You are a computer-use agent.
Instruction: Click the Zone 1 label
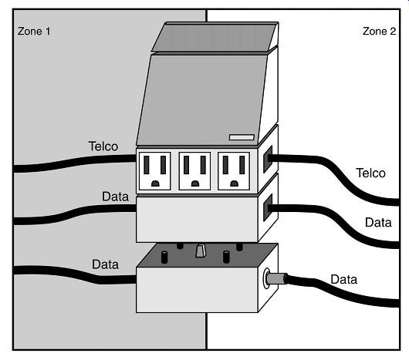click(x=34, y=32)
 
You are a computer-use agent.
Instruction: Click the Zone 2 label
click(x=379, y=32)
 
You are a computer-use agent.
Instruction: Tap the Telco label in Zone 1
click(x=103, y=146)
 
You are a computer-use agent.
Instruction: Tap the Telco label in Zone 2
click(x=370, y=173)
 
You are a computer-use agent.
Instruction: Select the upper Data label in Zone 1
click(x=115, y=197)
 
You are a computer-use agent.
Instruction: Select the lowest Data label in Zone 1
click(x=106, y=264)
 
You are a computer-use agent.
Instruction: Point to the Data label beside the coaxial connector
click(x=343, y=280)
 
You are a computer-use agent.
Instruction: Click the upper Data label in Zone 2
click(x=378, y=223)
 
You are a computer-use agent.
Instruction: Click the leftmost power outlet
click(x=155, y=171)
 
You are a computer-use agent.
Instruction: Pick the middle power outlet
click(x=194, y=171)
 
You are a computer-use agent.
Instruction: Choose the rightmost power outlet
click(x=234, y=171)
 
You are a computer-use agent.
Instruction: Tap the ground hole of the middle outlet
click(x=194, y=183)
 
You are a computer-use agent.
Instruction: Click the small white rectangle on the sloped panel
click(x=242, y=137)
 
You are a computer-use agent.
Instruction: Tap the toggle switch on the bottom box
click(x=200, y=251)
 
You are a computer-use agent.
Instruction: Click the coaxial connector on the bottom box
click(x=275, y=278)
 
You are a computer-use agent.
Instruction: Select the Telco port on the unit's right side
click(x=268, y=159)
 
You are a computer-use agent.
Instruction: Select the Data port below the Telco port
click(x=268, y=207)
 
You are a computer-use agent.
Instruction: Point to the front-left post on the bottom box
click(x=164, y=257)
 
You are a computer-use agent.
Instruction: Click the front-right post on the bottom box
click(x=226, y=257)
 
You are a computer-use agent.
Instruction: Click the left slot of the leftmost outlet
click(x=147, y=165)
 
